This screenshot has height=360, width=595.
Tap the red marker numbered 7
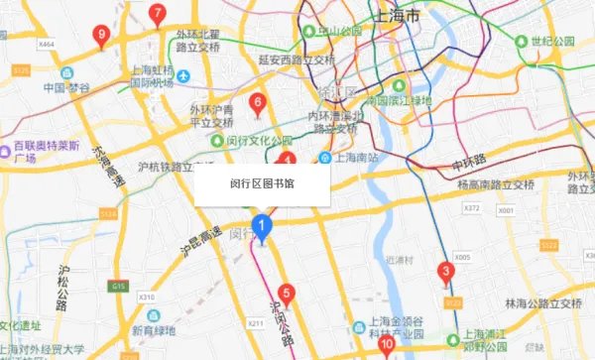coord(157,14)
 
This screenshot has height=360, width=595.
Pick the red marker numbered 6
coord(258,102)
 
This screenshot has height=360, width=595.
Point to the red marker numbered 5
coord(287,293)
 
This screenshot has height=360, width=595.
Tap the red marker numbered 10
coord(387,344)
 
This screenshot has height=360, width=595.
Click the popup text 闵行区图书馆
coord(262,184)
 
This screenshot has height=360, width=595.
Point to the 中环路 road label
coord(469,160)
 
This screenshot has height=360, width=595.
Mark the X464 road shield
coord(47,45)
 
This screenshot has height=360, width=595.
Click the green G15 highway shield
coord(120,286)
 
